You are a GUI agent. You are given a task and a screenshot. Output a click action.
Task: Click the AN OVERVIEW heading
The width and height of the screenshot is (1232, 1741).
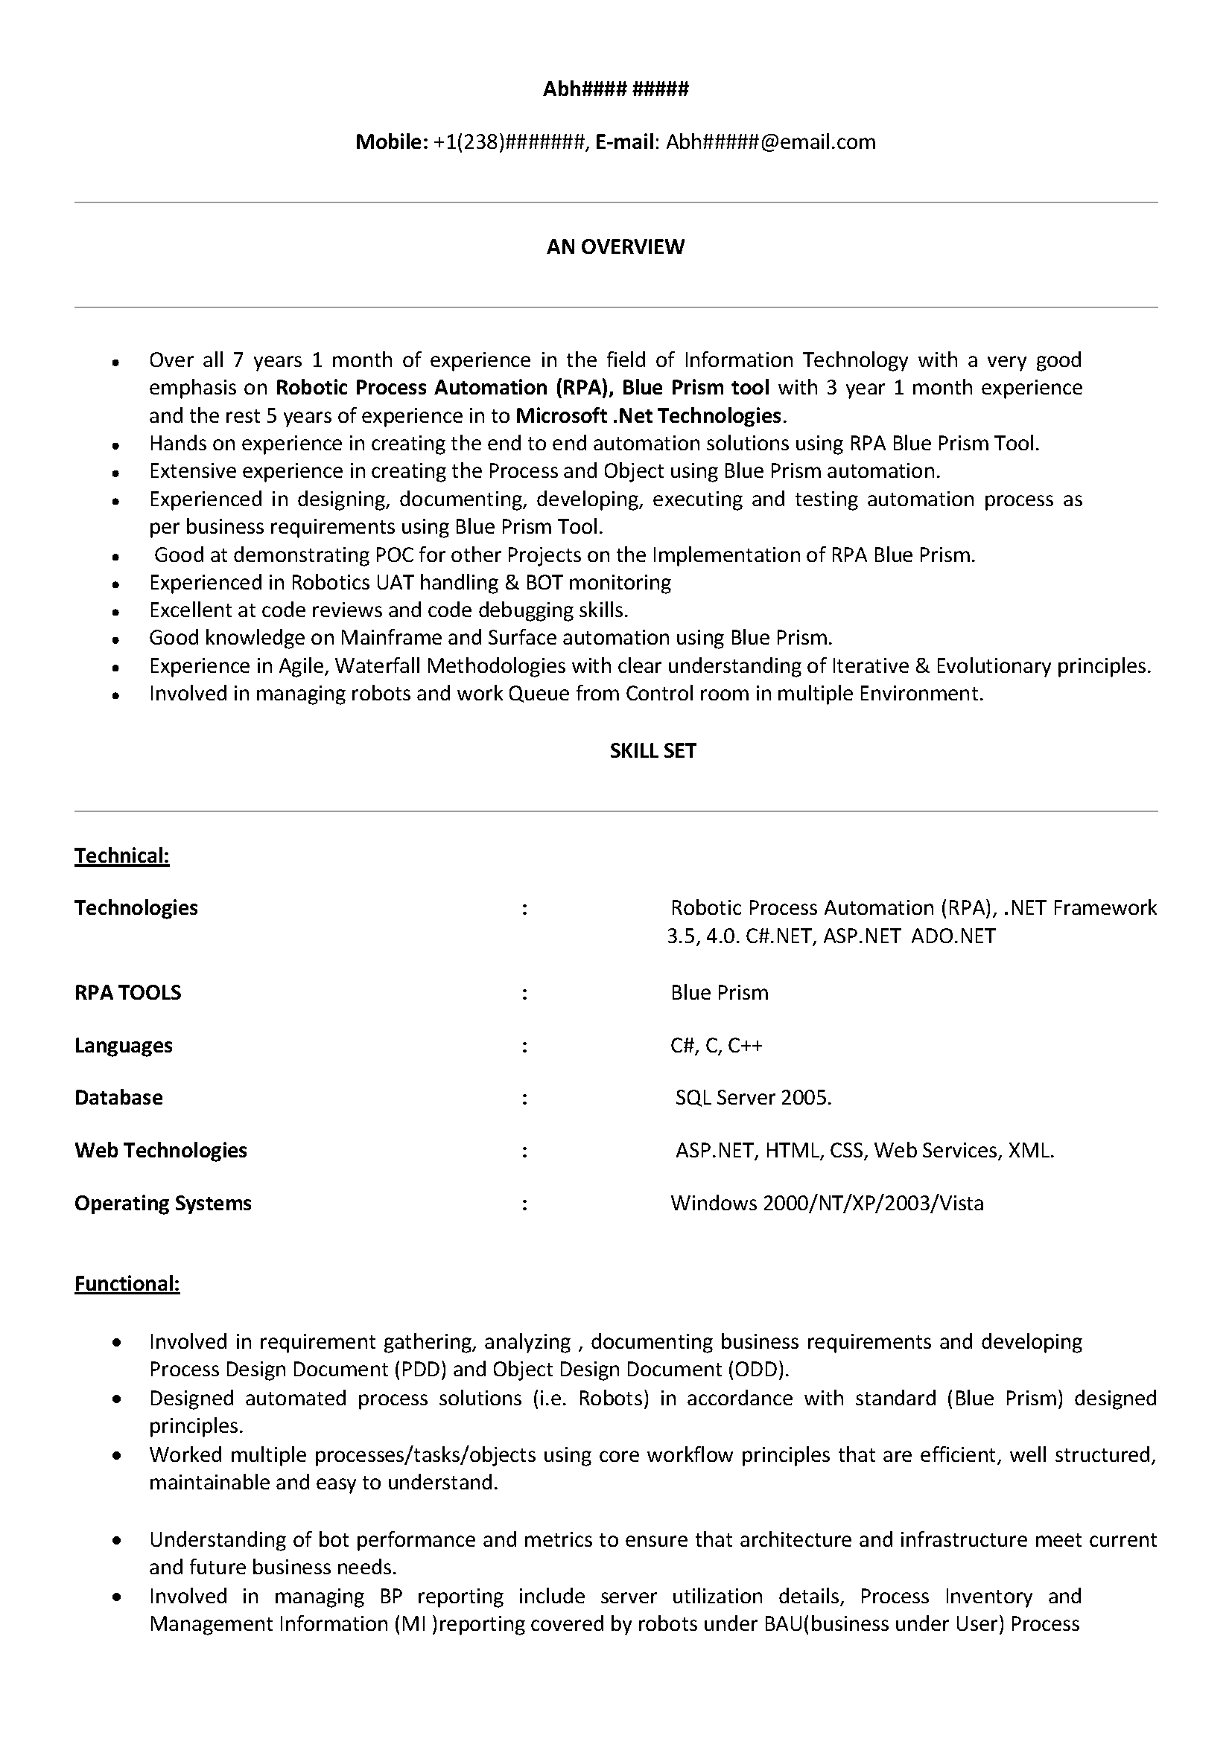pos(615,246)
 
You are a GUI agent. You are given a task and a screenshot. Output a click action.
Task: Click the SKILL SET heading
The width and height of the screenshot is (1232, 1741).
pos(652,751)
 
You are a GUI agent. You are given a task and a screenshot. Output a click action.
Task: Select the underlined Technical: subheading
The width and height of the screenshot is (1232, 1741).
pos(121,856)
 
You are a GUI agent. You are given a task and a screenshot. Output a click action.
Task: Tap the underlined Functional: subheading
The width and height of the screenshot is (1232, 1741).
pos(127,1283)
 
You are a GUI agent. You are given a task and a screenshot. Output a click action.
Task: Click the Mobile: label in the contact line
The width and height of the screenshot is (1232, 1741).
pos(392,142)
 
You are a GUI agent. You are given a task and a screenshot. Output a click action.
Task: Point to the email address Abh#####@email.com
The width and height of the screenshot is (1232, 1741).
pos(771,142)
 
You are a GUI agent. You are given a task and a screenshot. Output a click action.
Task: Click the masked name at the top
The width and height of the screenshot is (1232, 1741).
pos(615,89)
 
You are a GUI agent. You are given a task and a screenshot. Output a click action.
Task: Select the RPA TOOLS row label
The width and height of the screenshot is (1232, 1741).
pos(127,993)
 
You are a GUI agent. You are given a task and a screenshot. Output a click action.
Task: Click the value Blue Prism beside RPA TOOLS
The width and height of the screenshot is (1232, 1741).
pos(720,993)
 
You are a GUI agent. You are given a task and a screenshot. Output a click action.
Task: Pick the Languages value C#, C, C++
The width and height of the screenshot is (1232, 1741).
pos(716,1046)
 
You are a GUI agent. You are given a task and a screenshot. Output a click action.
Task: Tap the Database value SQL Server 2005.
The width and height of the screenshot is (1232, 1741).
pos(753,1098)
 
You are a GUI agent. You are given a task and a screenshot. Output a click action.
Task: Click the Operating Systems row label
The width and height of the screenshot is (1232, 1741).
pos(162,1204)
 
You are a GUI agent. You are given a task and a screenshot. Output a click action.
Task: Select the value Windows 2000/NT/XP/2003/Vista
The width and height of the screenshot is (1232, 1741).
pos(827,1204)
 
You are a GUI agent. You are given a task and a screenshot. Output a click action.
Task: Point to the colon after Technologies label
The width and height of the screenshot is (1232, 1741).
pos(524,908)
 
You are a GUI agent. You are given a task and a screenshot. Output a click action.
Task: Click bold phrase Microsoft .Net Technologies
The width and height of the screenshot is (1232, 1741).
pos(649,415)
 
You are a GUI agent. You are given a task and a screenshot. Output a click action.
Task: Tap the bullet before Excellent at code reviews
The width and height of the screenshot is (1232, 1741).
pos(116,611)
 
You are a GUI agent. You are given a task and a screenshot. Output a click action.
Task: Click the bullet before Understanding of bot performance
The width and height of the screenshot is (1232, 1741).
pos(116,1541)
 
